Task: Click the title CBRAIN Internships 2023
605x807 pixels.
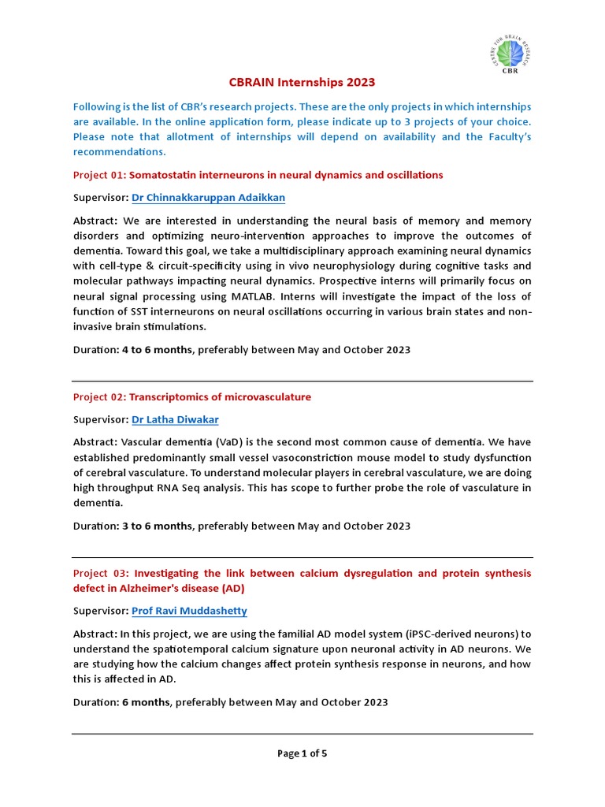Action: pos(302,82)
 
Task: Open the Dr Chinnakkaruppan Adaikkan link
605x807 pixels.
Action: pos(208,198)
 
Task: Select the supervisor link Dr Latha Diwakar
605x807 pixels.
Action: pos(176,420)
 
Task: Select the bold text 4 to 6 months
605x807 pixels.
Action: pos(157,350)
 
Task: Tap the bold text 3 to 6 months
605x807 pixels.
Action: pos(157,526)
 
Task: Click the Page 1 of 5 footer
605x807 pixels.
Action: pos(302,753)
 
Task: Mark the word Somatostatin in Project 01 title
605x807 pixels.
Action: pos(162,175)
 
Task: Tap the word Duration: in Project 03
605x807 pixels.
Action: pos(96,702)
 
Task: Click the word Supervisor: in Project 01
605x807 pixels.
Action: pos(101,198)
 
